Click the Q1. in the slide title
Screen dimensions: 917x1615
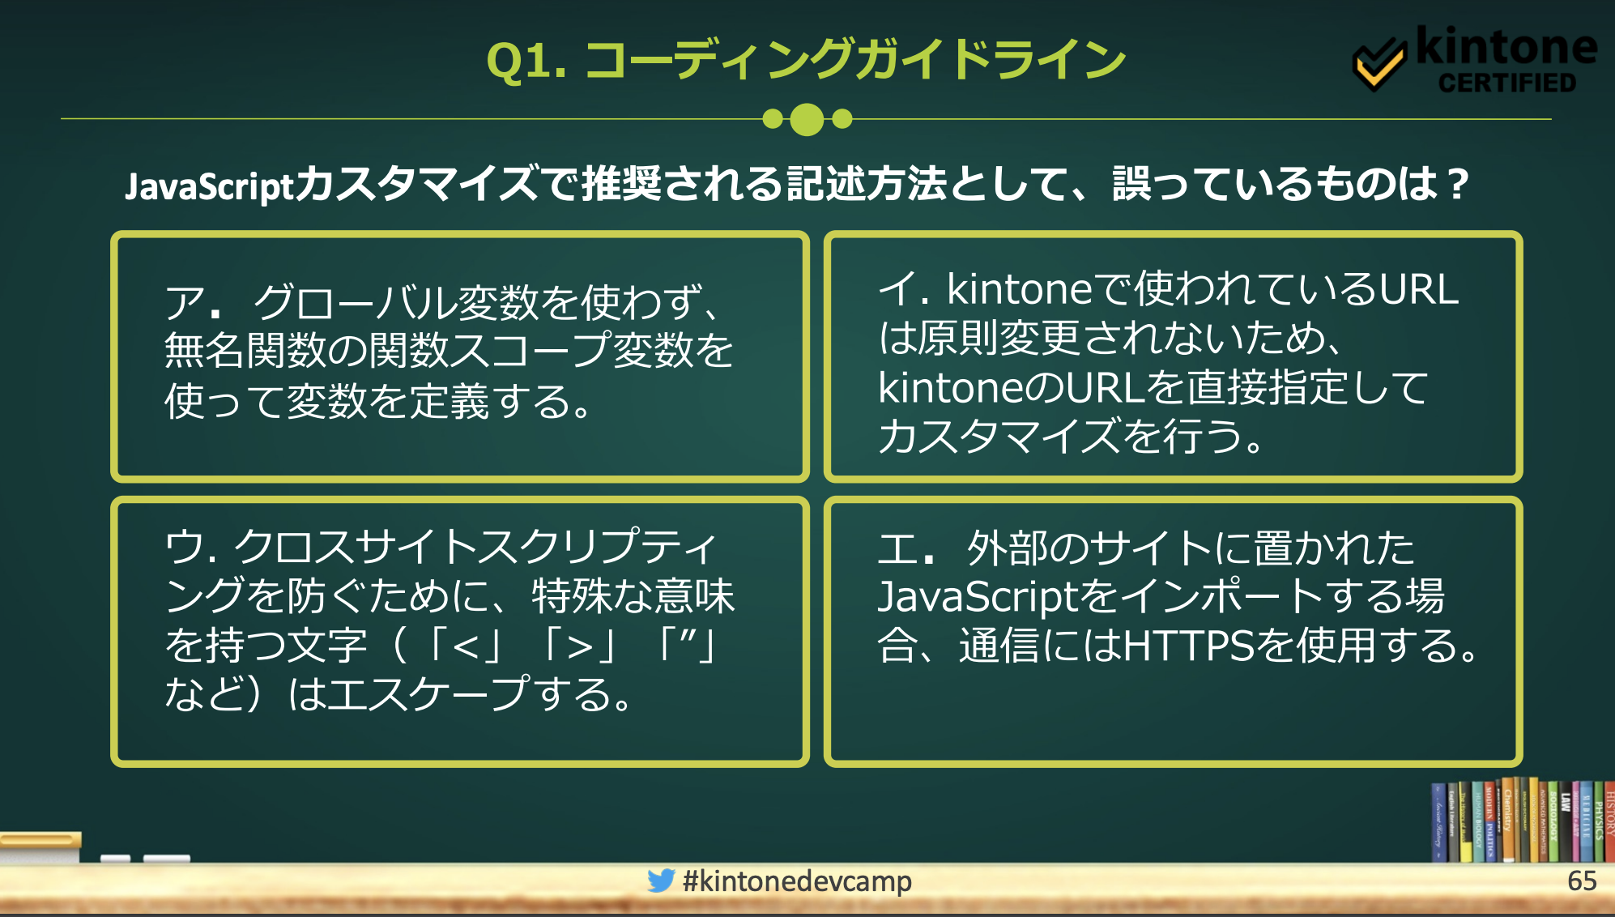tap(525, 62)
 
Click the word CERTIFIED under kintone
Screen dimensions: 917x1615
tap(1506, 83)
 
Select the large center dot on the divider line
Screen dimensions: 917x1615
tap(807, 119)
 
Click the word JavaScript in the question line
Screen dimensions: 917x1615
tap(209, 186)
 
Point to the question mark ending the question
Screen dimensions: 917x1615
tap(1458, 184)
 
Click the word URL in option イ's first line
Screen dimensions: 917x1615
tap(1418, 289)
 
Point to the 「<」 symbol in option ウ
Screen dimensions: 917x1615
tap(467, 646)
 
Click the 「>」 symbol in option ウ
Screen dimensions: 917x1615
tap(580, 646)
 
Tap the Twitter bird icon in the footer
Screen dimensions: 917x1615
tap(661, 881)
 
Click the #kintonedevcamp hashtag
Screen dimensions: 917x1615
tap(797, 881)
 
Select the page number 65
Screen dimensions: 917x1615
tap(1581, 881)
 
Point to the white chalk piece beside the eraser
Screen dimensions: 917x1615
tap(166, 858)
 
